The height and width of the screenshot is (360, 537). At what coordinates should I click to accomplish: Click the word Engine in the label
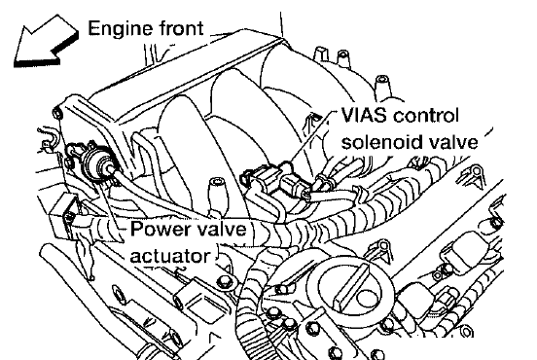tap(118, 29)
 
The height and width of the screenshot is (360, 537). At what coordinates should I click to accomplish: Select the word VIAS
tap(365, 115)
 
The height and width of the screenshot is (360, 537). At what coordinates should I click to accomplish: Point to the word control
tap(426, 115)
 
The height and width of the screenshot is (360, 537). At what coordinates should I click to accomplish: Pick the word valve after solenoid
tap(452, 141)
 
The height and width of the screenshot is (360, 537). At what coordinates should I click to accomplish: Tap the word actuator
tap(169, 256)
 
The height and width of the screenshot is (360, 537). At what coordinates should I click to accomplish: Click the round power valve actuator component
tap(97, 161)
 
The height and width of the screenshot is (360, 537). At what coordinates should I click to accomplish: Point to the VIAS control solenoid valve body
tap(275, 180)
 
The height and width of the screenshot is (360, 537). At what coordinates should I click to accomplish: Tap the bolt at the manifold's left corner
tap(58, 114)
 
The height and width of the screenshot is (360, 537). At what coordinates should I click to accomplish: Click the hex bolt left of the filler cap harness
tap(225, 282)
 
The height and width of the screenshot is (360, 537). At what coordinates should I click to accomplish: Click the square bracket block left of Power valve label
tap(62, 215)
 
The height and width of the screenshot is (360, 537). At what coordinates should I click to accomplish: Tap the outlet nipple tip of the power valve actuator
tap(110, 168)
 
